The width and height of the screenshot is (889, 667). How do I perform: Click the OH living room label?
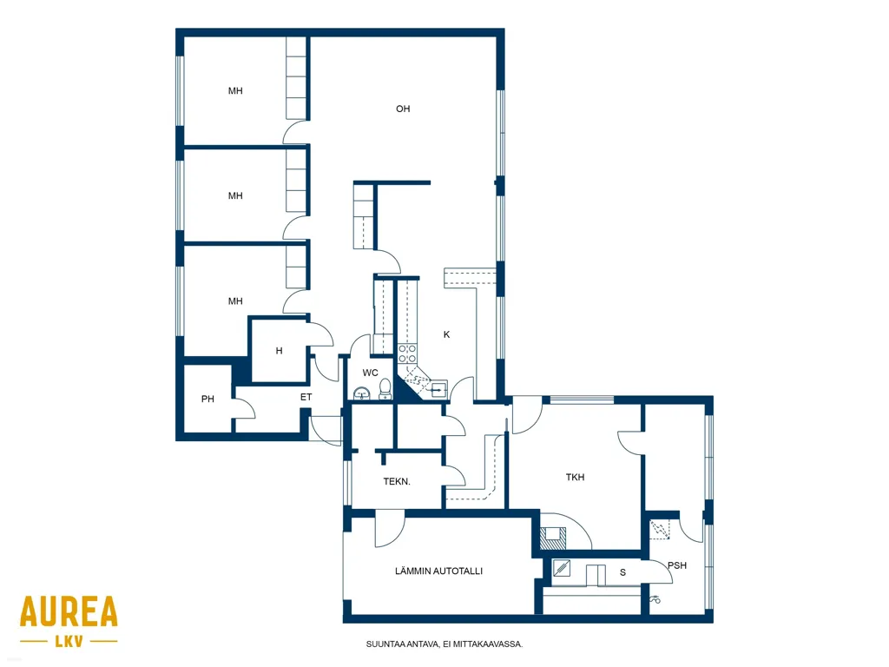click(x=403, y=109)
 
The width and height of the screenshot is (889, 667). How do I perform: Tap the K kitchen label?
click(x=447, y=334)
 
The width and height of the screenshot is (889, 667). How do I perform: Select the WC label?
click(x=370, y=373)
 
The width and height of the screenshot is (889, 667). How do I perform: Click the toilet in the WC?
click(x=385, y=389)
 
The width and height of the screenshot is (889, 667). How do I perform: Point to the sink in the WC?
click(x=361, y=393)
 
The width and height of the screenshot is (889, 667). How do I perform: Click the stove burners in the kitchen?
click(x=407, y=353)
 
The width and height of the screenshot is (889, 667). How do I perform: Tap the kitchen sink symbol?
click(x=438, y=390)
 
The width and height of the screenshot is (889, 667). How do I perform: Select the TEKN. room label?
click(x=397, y=481)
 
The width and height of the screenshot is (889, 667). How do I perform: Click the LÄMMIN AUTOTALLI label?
click(x=438, y=571)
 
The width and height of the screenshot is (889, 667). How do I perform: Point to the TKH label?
click(x=575, y=478)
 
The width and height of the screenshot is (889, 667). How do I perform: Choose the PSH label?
click(x=677, y=565)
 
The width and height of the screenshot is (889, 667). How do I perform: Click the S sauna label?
click(x=622, y=573)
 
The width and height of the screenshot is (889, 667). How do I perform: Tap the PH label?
click(x=207, y=400)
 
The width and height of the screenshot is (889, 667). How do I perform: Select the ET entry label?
click(x=306, y=397)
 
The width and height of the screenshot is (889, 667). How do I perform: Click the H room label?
click(x=279, y=351)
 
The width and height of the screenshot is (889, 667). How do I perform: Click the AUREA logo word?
click(x=69, y=611)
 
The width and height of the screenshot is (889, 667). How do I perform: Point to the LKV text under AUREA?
click(x=69, y=642)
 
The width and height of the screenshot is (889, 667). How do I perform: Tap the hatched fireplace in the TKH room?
click(x=552, y=538)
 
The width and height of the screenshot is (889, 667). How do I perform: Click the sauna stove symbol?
click(x=562, y=568)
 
